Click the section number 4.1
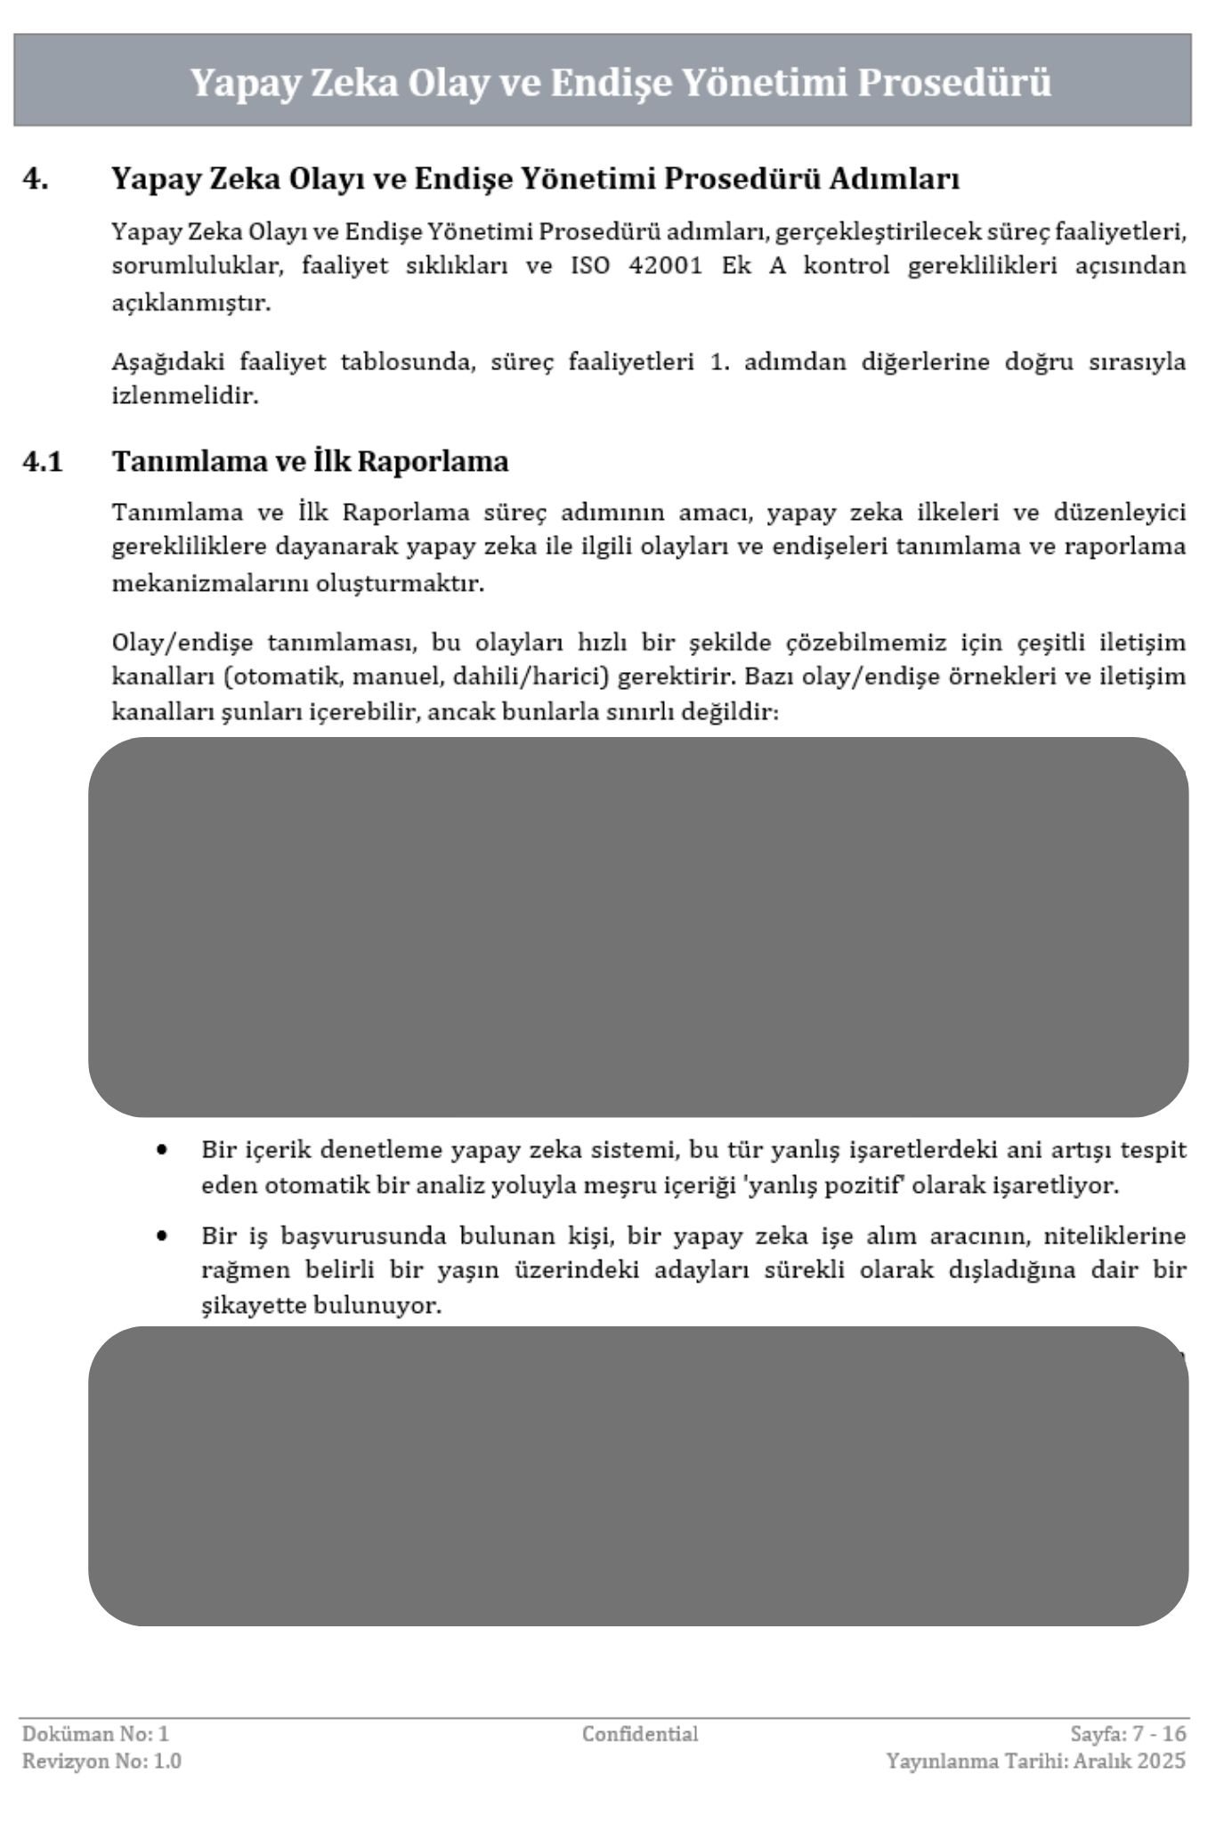tap(43, 462)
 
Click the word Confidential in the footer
tap(639, 1733)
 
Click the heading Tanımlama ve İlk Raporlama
tap(310, 461)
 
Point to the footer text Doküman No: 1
tap(95, 1733)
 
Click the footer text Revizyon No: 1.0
tap(101, 1761)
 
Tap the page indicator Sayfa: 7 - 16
tap(1128, 1733)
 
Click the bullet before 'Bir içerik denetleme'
tap(160, 1149)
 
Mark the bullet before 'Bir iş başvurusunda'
tap(160, 1236)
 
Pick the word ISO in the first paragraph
tap(589, 266)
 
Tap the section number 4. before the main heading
tap(36, 179)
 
